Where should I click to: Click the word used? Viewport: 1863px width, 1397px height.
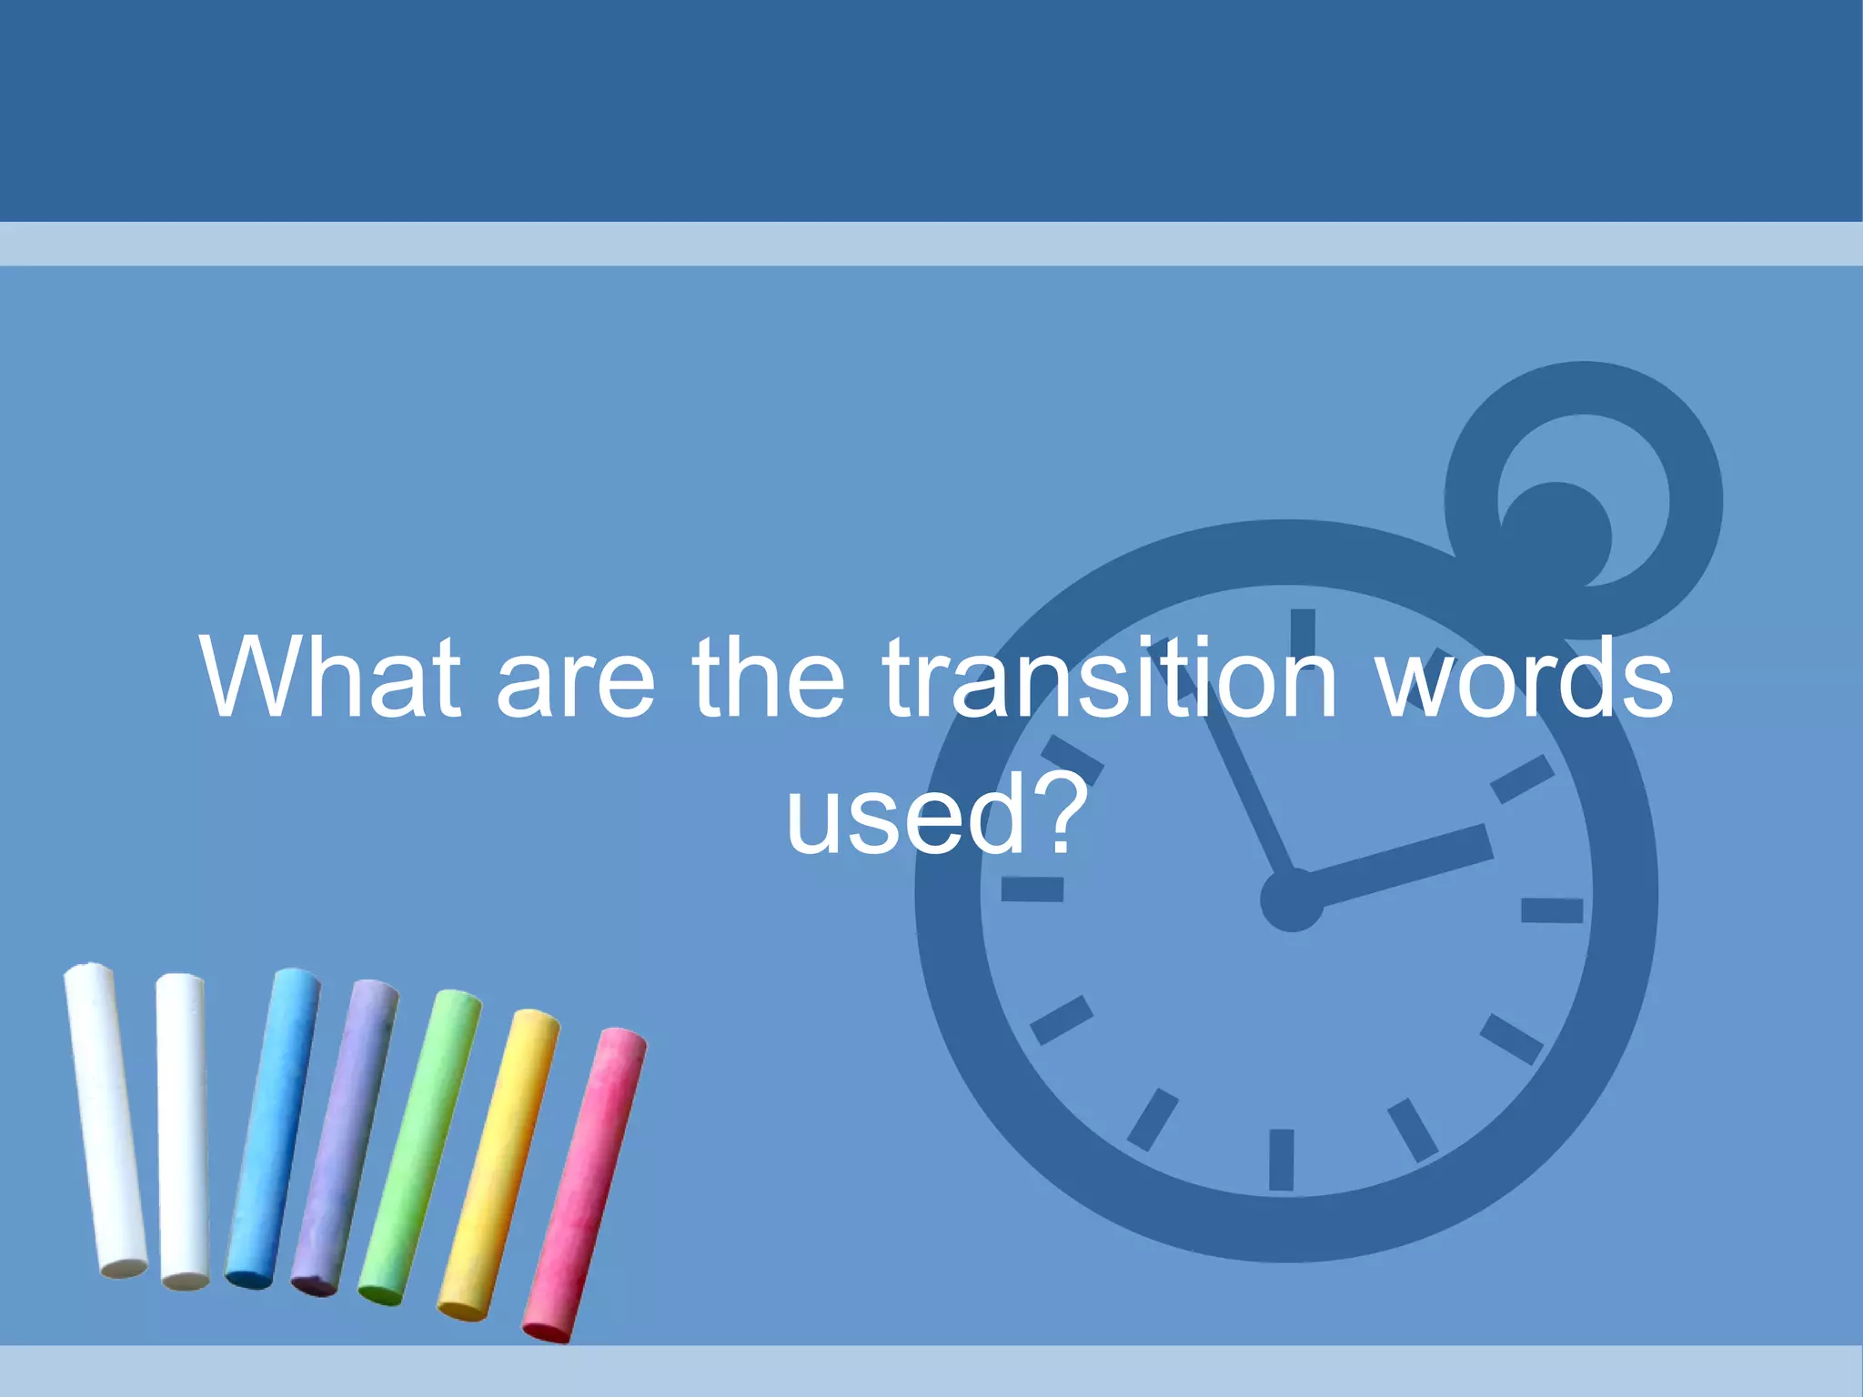coord(904,817)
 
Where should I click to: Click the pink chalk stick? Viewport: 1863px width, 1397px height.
coord(584,1185)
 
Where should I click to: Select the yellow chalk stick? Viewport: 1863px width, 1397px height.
coord(499,1165)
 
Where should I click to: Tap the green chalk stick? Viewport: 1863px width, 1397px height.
coord(419,1148)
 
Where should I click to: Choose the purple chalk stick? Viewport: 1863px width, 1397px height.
coord(345,1137)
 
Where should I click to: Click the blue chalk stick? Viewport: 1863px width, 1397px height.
coord(273,1128)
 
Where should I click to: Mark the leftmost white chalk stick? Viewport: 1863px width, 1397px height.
coord(105,1121)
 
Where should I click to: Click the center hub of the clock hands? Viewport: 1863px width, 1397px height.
coord(1292,900)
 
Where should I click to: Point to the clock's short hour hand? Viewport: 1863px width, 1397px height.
coord(1401,865)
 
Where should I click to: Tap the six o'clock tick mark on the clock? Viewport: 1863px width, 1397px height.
coord(1281,1160)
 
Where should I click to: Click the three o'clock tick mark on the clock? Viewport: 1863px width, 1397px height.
coord(1552,910)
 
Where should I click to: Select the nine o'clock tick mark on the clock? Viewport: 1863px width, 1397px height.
coord(1032,889)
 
